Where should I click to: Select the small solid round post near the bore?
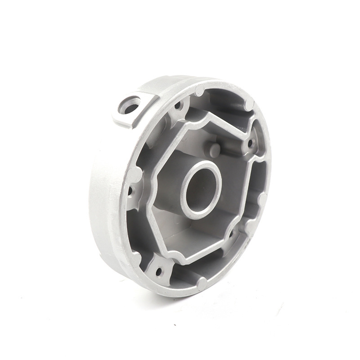coord(214,149)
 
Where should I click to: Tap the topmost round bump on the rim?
coord(200,90)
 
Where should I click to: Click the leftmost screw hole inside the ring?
coord(130,191)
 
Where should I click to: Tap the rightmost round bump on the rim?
coord(263,198)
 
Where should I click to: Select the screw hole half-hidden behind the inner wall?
coord(231,234)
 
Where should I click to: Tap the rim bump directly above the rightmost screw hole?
coord(249,104)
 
